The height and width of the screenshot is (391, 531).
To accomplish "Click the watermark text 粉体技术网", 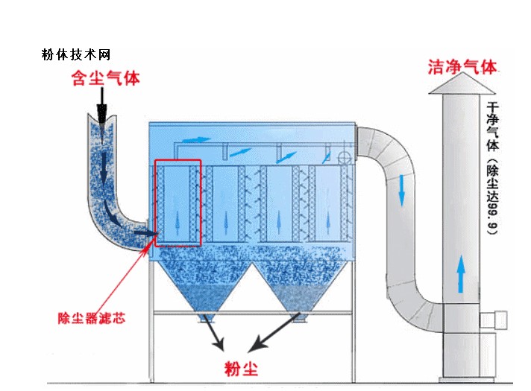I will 76,55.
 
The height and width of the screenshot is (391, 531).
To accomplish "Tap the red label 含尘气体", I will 105,78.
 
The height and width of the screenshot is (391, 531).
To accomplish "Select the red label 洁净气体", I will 462,66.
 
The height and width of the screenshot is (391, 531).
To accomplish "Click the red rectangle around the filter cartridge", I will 177,202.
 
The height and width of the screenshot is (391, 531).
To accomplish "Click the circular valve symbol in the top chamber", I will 344,159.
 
